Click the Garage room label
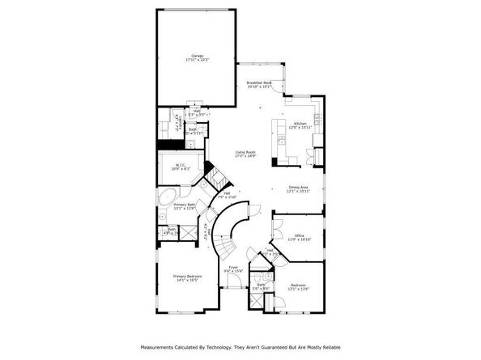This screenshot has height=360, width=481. click(x=197, y=56)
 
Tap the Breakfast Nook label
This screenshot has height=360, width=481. click(x=259, y=83)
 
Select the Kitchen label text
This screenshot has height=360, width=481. click(x=299, y=124)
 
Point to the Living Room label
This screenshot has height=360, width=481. click(x=245, y=152)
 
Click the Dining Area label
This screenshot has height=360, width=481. click(x=299, y=188)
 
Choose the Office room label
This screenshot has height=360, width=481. click(x=299, y=235)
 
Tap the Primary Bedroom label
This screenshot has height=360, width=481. click(x=187, y=276)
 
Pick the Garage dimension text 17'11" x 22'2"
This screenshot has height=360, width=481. click(x=197, y=60)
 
